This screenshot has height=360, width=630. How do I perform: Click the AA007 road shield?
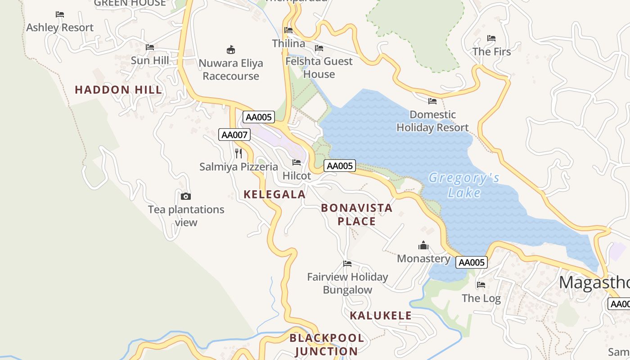pyautogui.click(x=234, y=134)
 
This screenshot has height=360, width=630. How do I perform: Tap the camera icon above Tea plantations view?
pyautogui.click(x=185, y=196)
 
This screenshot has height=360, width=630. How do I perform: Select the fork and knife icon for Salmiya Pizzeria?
pyautogui.click(x=238, y=153)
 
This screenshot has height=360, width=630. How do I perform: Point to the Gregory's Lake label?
pyautogui.click(x=464, y=185)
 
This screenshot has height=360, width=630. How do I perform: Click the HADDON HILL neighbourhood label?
pyautogui.click(x=118, y=90)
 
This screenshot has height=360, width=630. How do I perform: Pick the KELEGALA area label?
pyautogui.click(x=274, y=194)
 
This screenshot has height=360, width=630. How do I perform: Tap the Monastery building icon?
pyautogui.click(x=423, y=246)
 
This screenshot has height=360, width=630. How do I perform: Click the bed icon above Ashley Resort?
pyautogui.click(x=60, y=14)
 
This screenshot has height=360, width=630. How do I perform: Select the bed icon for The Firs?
pyautogui.click(x=491, y=39)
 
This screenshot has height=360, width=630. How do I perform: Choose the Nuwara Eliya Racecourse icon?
pyautogui.click(x=231, y=49)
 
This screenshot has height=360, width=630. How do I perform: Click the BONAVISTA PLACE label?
pyautogui.click(x=357, y=215)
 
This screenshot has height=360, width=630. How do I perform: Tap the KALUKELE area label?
pyautogui.click(x=381, y=315)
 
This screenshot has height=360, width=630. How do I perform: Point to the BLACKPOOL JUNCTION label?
pyautogui.click(x=327, y=344)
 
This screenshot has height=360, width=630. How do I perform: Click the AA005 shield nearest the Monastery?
pyautogui.click(x=471, y=262)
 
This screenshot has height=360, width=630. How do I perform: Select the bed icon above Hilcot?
pyautogui.click(x=297, y=162)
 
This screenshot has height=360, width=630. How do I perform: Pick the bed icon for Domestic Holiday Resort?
pyautogui.click(x=432, y=101)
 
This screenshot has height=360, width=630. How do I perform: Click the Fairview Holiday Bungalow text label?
pyautogui.click(x=347, y=283)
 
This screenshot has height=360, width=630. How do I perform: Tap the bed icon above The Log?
pyautogui.click(x=481, y=285)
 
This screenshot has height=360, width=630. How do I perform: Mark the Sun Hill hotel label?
pyautogui.click(x=150, y=60)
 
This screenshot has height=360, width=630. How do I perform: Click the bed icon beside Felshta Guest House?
pyautogui.click(x=319, y=48)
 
